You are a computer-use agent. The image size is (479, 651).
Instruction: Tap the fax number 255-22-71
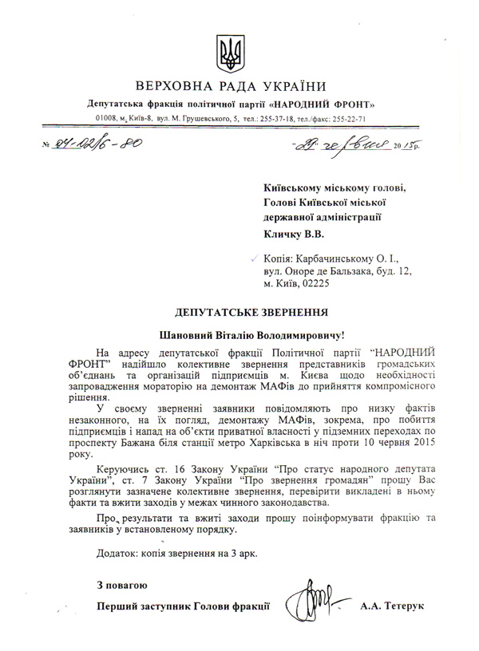[346, 118]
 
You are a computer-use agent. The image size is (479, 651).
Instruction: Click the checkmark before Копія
[255, 258]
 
